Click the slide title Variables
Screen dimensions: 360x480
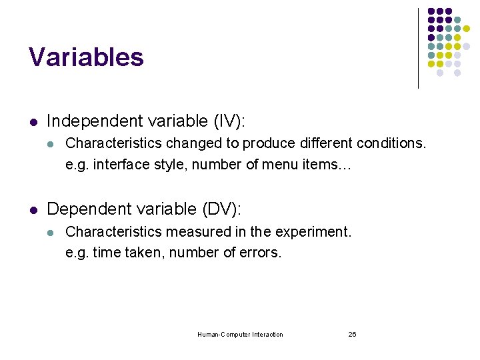pyautogui.click(x=86, y=57)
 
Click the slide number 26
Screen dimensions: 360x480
pyautogui.click(x=352, y=335)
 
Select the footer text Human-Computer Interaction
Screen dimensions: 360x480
pyautogui.click(x=240, y=335)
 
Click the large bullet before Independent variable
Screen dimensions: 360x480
pyautogui.click(x=32, y=121)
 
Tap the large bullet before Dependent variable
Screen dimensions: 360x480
pyautogui.click(x=32, y=209)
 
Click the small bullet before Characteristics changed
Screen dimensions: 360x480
pyautogui.click(x=51, y=143)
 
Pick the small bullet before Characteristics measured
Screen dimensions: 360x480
pyautogui.click(x=51, y=232)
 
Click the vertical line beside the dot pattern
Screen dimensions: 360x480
pyautogui.click(x=418, y=48)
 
